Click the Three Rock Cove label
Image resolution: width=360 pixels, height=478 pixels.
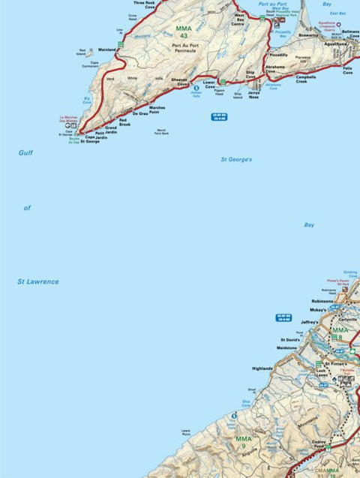click(x=144, y=5)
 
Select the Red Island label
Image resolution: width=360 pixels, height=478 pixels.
click(x=82, y=53)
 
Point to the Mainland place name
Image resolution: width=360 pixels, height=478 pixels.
click(x=107, y=50)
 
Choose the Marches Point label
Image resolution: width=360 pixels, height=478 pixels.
click(x=157, y=110)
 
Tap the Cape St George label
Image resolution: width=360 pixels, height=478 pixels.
click(x=90, y=140)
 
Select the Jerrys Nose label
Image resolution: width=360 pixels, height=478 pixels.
click(x=253, y=96)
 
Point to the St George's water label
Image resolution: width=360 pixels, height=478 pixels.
click(x=236, y=160)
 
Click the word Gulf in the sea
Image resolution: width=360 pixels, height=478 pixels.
click(x=26, y=152)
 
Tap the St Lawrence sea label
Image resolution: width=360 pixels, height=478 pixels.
click(x=37, y=281)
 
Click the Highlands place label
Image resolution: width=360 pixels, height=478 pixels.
click(x=262, y=368)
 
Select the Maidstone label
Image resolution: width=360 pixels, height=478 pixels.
click(x=287, y=347)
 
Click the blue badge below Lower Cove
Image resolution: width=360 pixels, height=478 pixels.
click(x=219, y=116)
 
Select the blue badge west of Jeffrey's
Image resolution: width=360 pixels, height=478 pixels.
click(x=283, y=317)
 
